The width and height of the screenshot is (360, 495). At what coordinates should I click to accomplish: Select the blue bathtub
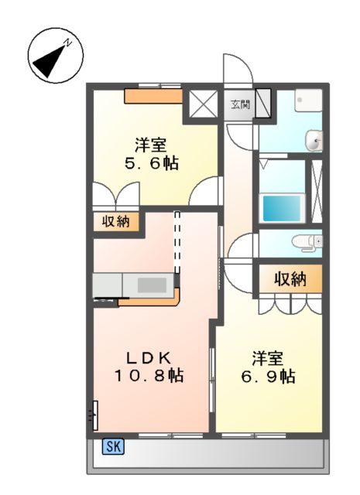[x=283, y=207]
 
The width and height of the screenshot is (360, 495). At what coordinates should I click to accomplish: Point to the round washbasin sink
[x=314, y=141]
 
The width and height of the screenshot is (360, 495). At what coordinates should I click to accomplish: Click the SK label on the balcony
[x=113, y=445]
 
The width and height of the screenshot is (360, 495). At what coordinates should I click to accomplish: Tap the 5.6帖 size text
[x=151, y=164]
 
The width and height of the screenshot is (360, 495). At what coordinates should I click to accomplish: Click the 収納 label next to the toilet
[x=290, y=279]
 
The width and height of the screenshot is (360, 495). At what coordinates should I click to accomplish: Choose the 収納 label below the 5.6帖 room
[x=117, y=222]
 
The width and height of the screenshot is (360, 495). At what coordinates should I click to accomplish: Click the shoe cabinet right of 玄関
[x=263, y=103]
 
